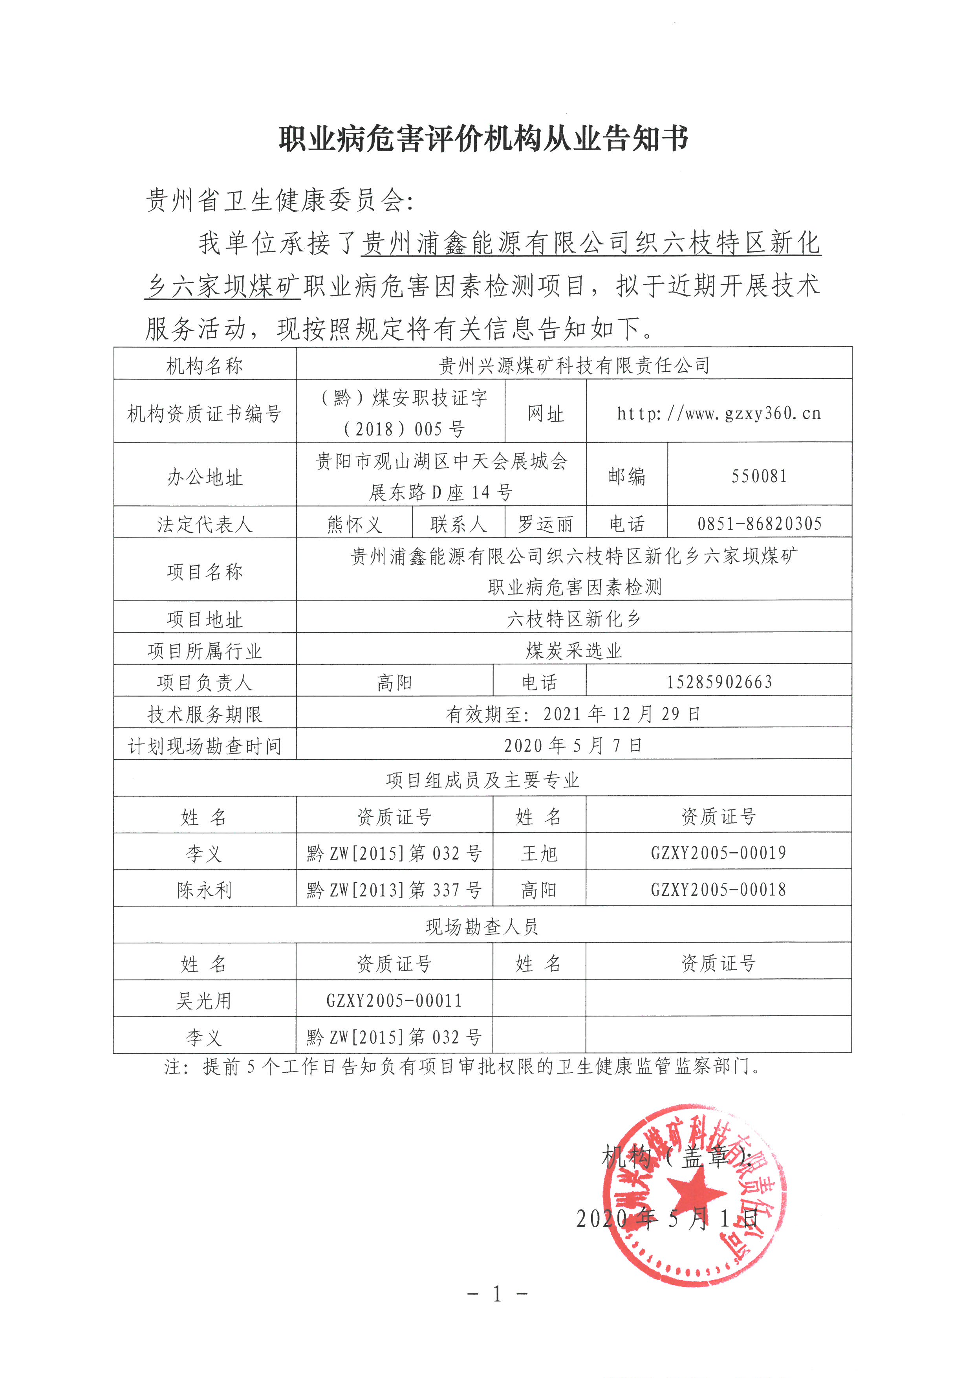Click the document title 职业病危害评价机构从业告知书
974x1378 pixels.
coord(483,139)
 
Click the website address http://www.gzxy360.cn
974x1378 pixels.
coord(718,413)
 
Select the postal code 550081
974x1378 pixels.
coord(759,477)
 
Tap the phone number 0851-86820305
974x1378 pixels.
coord(759,524)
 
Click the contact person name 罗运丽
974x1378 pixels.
coord(545,524)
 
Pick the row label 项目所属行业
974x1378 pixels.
coord(205,651)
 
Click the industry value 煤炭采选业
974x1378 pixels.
coord(574,651)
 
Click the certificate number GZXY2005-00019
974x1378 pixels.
coord(718,853)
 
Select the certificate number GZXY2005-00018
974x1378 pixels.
coord(718,890)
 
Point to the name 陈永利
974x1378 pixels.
coord(205,890)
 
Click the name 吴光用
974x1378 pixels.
coord(205,1000)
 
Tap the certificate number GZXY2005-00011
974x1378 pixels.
coord(394,1000)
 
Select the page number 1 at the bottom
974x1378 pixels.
coord(497,1294)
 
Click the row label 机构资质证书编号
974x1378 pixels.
coord(205,413)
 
